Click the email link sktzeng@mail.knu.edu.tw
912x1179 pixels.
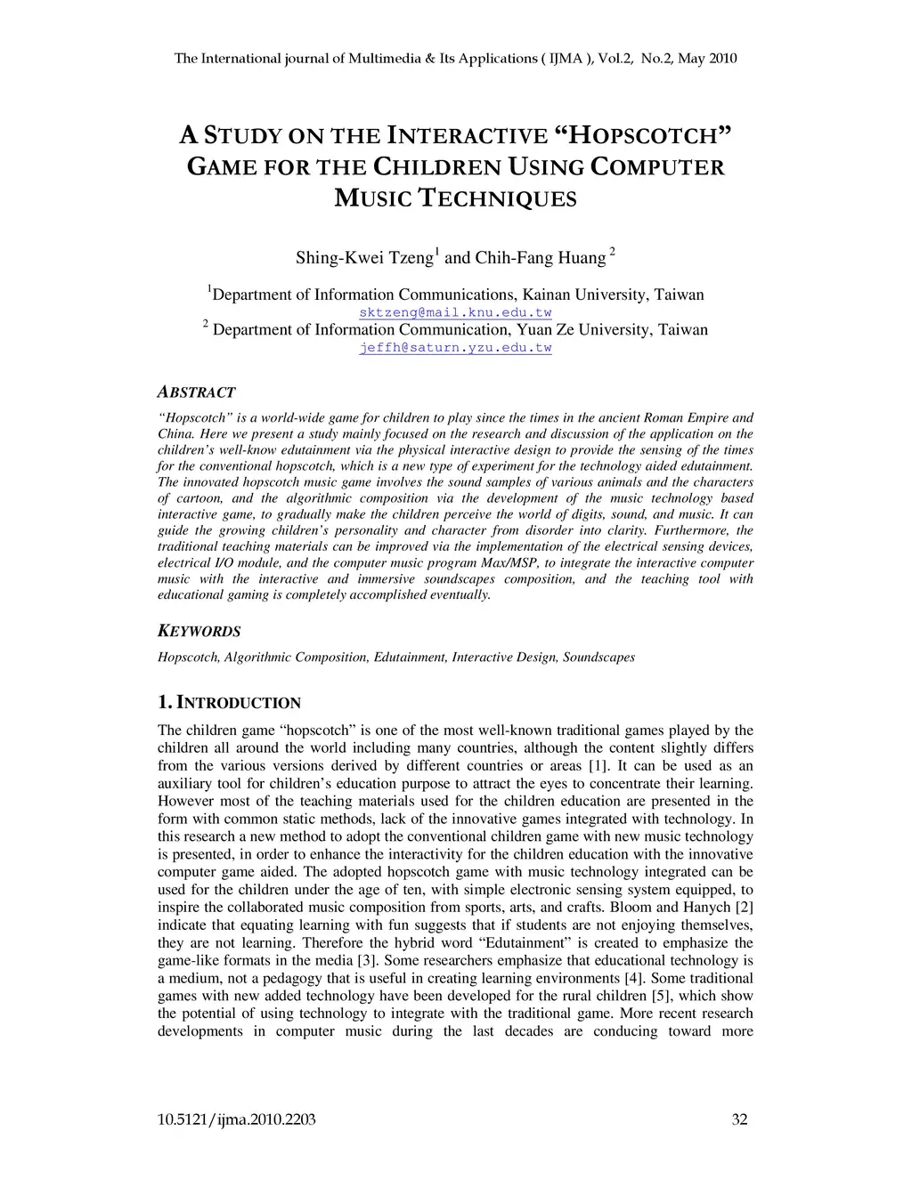[455, 312]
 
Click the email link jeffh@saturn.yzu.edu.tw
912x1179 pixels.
[455, 348]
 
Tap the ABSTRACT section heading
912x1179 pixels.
[196, 392]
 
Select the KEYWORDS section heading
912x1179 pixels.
[199, 632]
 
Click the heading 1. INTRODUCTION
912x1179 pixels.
[229, 703]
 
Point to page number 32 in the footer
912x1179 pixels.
[739, 1119]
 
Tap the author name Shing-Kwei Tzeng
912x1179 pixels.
[364, 258]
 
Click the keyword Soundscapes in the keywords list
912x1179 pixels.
[598, 658]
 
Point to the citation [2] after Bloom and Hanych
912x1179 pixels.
[743, 908]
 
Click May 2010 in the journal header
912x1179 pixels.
[706, 60]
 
